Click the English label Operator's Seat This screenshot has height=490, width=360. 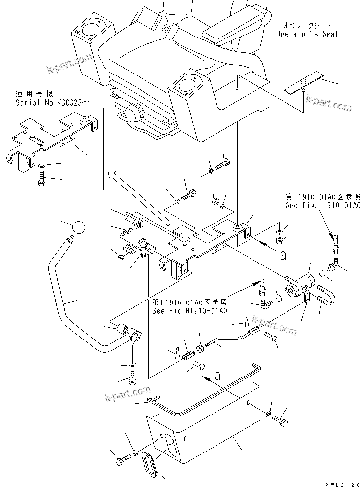pyautogui.click(x=307, y=34)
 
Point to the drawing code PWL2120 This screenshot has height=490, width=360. pyautogui.click(x=342, y=485)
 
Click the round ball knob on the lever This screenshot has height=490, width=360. pyautogui.click(x=78, y=228)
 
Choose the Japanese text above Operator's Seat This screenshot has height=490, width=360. pyautogui.click(x=307, y=25)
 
